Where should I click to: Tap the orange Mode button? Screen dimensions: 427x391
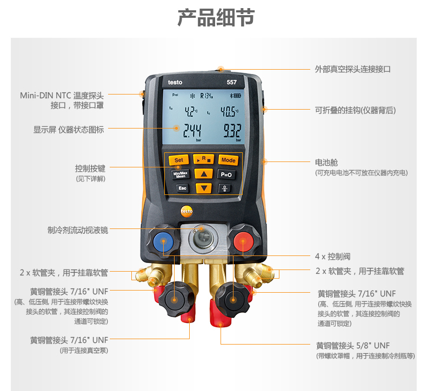tap(228, 160)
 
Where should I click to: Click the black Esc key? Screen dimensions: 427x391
tap(182, 188)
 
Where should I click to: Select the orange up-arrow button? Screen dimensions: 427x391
tap(204, 174)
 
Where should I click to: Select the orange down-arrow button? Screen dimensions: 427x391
tap(204, 188)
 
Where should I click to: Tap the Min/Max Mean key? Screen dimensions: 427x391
tap(181, 174)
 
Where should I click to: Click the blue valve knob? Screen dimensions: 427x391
tap(163, 241)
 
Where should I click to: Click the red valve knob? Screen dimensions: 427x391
tap(243, 241)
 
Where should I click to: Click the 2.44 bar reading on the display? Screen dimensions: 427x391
tap(192, 131)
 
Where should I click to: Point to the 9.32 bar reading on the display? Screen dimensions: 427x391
tap(232, 131)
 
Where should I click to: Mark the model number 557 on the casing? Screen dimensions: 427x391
tap(232, 82)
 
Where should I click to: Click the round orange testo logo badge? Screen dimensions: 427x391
tap(186, 211)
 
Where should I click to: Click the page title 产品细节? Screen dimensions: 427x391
tap(216, 17)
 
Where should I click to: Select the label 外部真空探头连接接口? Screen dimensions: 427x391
tap(352, 69)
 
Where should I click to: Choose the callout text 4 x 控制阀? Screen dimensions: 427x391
tap(333, 257)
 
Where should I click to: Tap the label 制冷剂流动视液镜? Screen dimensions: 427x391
tap(78, 230)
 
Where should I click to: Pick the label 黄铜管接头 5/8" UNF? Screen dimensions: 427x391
tap(353, 346)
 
